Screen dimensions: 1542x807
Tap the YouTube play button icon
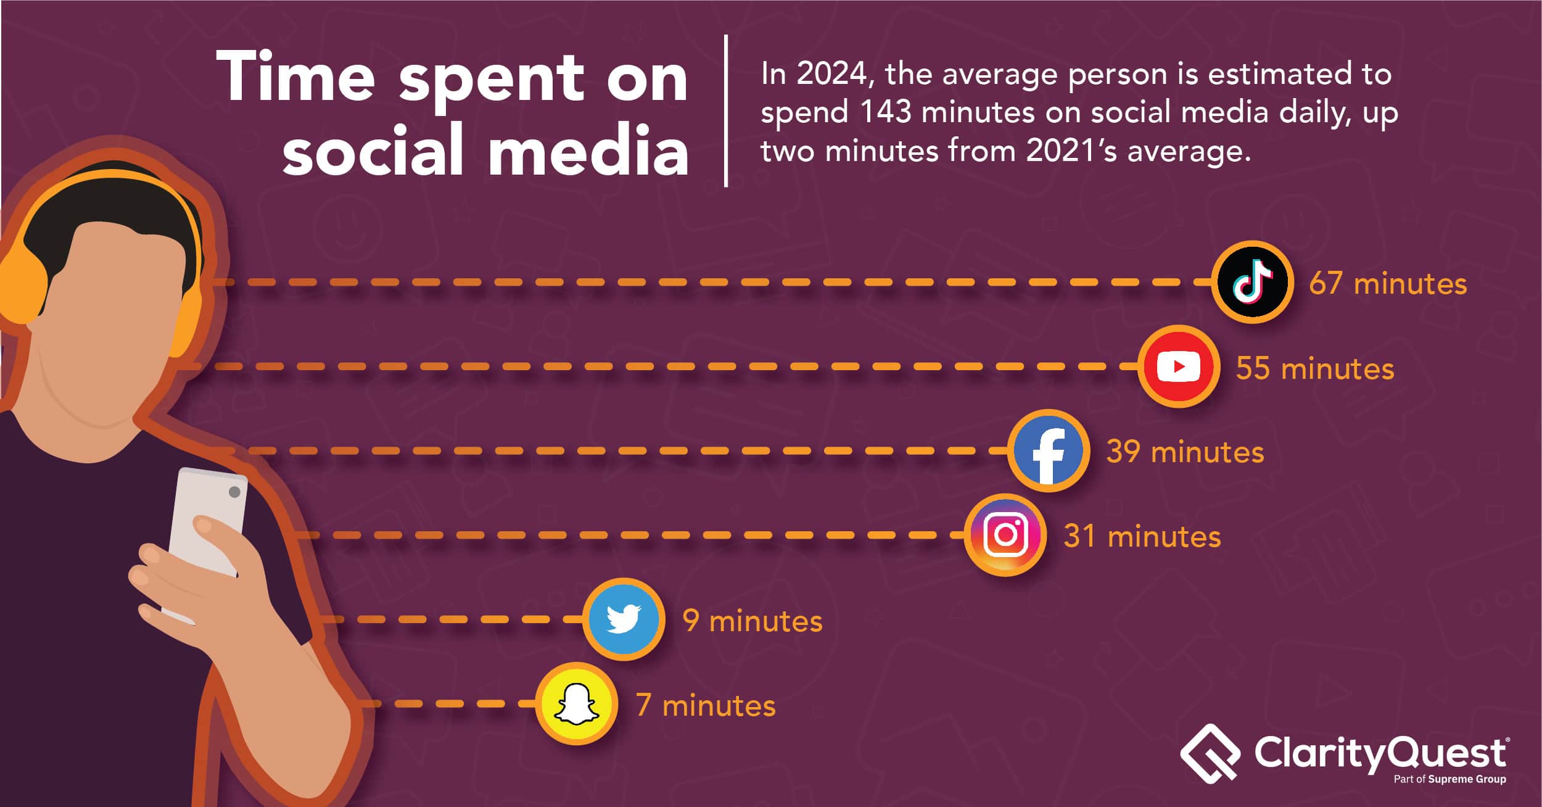(1178, 366)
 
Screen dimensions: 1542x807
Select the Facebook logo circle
(1049, 451)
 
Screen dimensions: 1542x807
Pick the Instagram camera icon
(1005, 535)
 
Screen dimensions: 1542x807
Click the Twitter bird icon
(624, 619)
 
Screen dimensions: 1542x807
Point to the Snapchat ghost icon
(576, 704)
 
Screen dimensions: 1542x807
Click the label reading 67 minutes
(1388, 284)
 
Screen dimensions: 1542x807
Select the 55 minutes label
(1315, 368)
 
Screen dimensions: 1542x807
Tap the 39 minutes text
(1185, 452)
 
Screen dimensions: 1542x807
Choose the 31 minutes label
(1142, 536)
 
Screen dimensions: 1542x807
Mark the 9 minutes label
(752, 621)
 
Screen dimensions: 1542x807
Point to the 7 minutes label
(706, 705)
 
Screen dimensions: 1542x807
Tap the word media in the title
(588, 150)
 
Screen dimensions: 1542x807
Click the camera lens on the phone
(234, 492)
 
